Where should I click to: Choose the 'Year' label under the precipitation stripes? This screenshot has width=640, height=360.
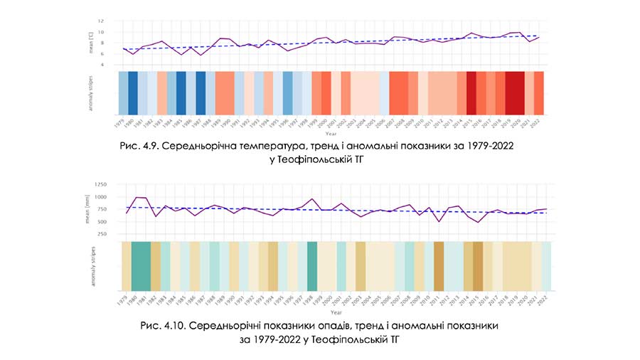[334, 311]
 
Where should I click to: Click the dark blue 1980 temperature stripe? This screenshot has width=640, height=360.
[133, 92]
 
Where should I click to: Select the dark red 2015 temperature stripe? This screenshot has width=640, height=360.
[471, 92]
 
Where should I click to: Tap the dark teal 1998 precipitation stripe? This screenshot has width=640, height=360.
[311, 265]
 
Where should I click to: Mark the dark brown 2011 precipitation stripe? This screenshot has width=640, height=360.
[439, 265]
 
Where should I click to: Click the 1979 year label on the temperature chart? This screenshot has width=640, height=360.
[121, 122]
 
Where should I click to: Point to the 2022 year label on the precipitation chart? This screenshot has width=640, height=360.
[544, 300]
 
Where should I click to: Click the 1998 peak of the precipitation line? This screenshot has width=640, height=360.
[311, 198]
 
